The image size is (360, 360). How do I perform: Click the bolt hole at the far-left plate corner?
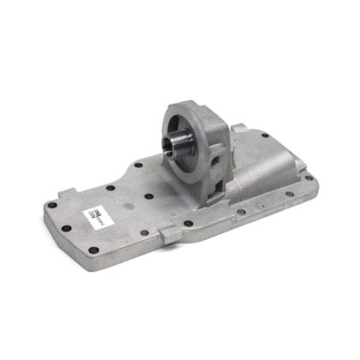click(53, 205)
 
